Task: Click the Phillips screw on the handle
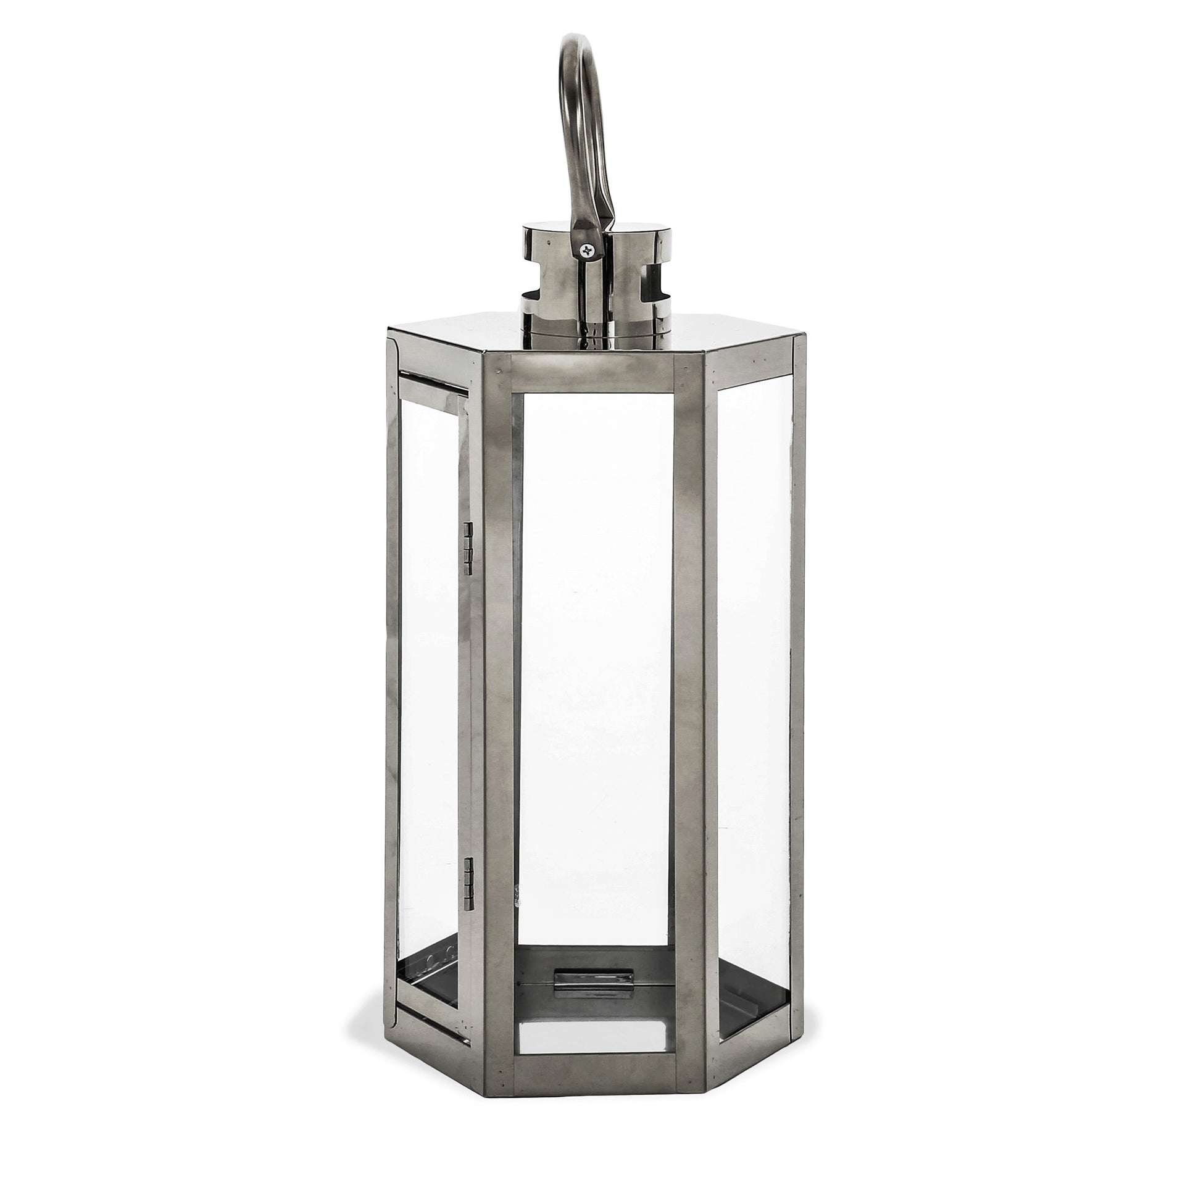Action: (x=587, y=249)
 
